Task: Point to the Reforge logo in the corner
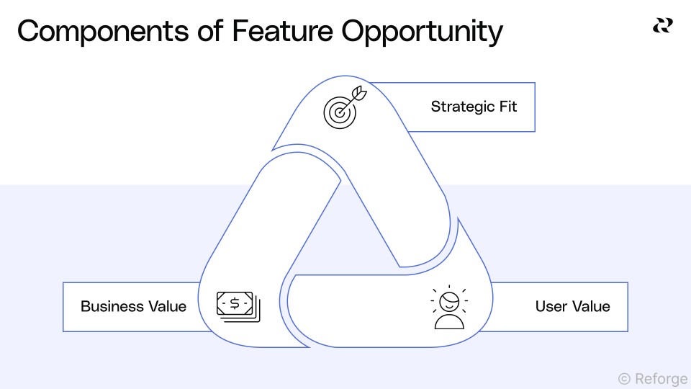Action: tap(662, 26)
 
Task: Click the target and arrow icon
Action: tap(340, 109)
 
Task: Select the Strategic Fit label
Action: tap(474, 107)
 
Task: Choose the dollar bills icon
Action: tap(238, 306)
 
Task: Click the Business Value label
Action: tap(133, 306)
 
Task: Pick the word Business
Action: tap(111, 306)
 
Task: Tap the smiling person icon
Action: tap(449, 308)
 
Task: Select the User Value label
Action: tap(572, 306)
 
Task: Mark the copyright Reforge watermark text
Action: tap(652, 377)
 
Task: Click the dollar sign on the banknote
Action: tap(235, 303)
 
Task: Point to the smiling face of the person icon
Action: tap(449, 299)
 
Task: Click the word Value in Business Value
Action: tap(166, 306)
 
